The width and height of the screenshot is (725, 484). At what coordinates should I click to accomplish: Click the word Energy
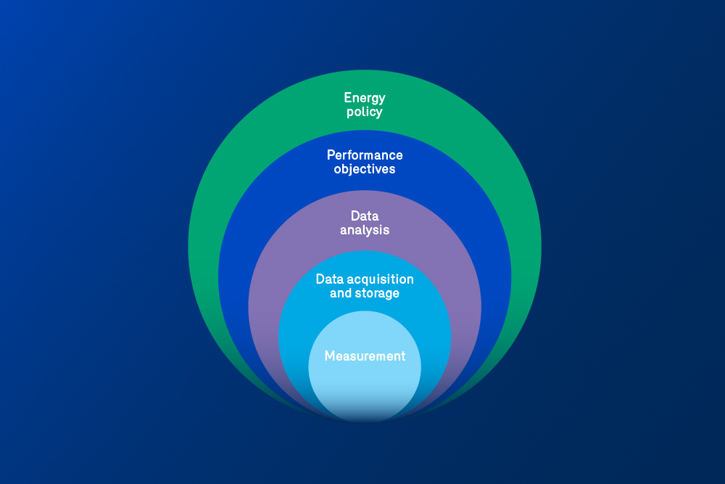point(365,98)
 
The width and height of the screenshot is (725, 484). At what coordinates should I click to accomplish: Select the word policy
point(365,112)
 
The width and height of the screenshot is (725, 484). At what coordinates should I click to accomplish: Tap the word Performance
point(365,155)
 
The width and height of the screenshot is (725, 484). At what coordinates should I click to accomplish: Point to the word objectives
point(365,170)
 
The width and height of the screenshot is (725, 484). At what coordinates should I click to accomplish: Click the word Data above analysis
point(365,216)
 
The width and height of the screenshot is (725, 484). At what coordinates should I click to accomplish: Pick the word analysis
point(365,230)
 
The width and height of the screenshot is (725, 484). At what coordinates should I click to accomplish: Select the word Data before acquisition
point(329,279)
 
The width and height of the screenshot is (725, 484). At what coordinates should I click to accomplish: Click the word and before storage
point(341,294)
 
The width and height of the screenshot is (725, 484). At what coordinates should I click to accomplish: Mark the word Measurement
point(365,356)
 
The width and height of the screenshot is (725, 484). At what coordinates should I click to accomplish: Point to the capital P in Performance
point(331,155)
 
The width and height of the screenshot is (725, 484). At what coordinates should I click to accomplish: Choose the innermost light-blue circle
point(365,385)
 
